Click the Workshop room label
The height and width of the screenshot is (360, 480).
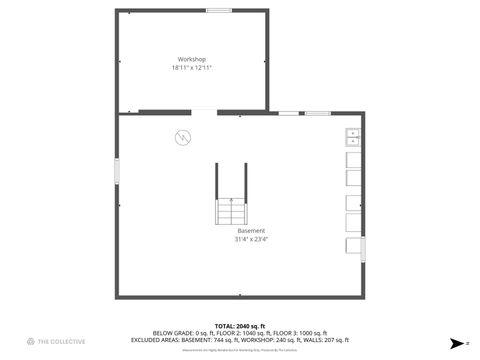tap(191, 60)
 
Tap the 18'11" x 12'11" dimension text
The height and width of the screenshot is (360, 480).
tap(191, 68)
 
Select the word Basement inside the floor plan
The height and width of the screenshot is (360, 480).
tap(251, 231)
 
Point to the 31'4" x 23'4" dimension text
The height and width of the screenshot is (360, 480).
tap(251, 239)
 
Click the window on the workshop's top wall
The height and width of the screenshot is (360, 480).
tap(219, 10)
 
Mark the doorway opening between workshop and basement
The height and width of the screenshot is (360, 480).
tap(201, 112)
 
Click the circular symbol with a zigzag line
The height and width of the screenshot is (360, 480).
tap(183, 138)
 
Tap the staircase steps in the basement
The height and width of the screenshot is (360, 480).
tap(232, 211)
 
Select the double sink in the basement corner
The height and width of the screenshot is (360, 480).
tap(353, 137)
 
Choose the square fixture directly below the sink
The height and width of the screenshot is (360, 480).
tap(354, 158)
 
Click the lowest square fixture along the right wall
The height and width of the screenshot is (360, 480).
tap(354, 246)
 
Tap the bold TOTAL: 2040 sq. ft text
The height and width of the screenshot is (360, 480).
tap(240, 326)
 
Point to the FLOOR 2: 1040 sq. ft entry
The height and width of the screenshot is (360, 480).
tap(239, 333)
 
